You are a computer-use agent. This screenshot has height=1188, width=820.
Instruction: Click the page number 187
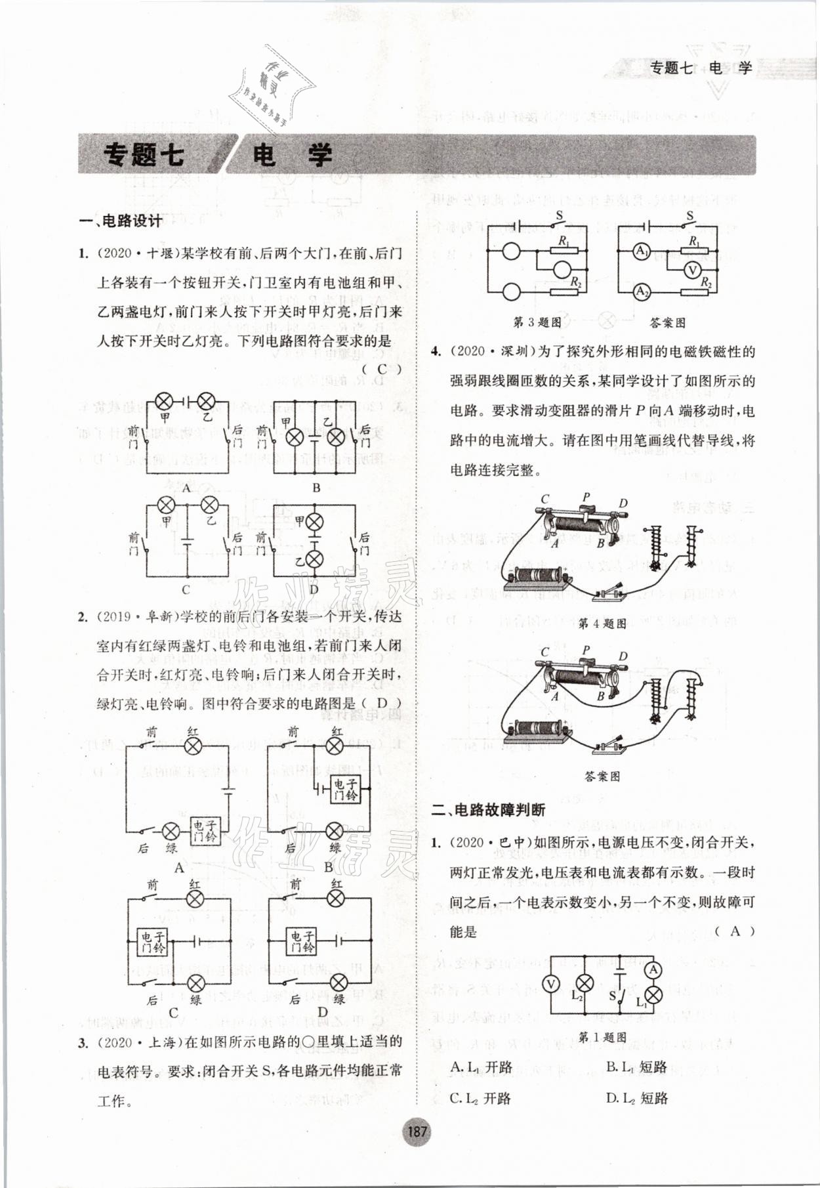click(417, 1131)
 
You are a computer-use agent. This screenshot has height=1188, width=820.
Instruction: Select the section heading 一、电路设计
click(121, 221)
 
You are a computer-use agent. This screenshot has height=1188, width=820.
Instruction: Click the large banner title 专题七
click(144, 155)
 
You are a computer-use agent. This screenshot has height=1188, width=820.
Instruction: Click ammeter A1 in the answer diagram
click(642, 251)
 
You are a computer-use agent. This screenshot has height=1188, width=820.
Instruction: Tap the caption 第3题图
click(537, 322)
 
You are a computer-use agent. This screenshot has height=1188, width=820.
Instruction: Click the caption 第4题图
click(602, 624)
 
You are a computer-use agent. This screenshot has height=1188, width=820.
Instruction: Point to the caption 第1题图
click(603, 1038)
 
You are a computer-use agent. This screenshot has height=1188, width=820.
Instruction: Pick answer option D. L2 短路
click(636, 1098)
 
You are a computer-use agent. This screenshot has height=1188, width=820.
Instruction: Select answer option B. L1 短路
click(636, 1067)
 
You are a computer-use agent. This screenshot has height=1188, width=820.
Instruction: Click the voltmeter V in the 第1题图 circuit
click(552, 983)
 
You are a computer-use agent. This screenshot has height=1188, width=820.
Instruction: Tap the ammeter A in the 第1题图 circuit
click(653, 969)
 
